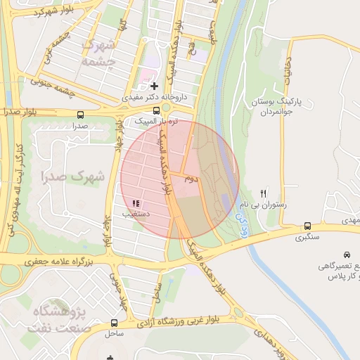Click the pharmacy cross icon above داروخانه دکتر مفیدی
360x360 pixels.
[x=155, y=86]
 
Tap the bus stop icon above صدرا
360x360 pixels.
[x=79, y=114]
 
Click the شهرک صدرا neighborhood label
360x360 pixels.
[x=73, y=176]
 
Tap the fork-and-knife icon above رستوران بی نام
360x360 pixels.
[x=264, y=193]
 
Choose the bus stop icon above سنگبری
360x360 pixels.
[x=307, y=226]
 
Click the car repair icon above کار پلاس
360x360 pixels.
[x=347, y=255]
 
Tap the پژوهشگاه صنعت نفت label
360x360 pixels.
[x=60, y=319]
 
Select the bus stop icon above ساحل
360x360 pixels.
[x=114, y=323]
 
